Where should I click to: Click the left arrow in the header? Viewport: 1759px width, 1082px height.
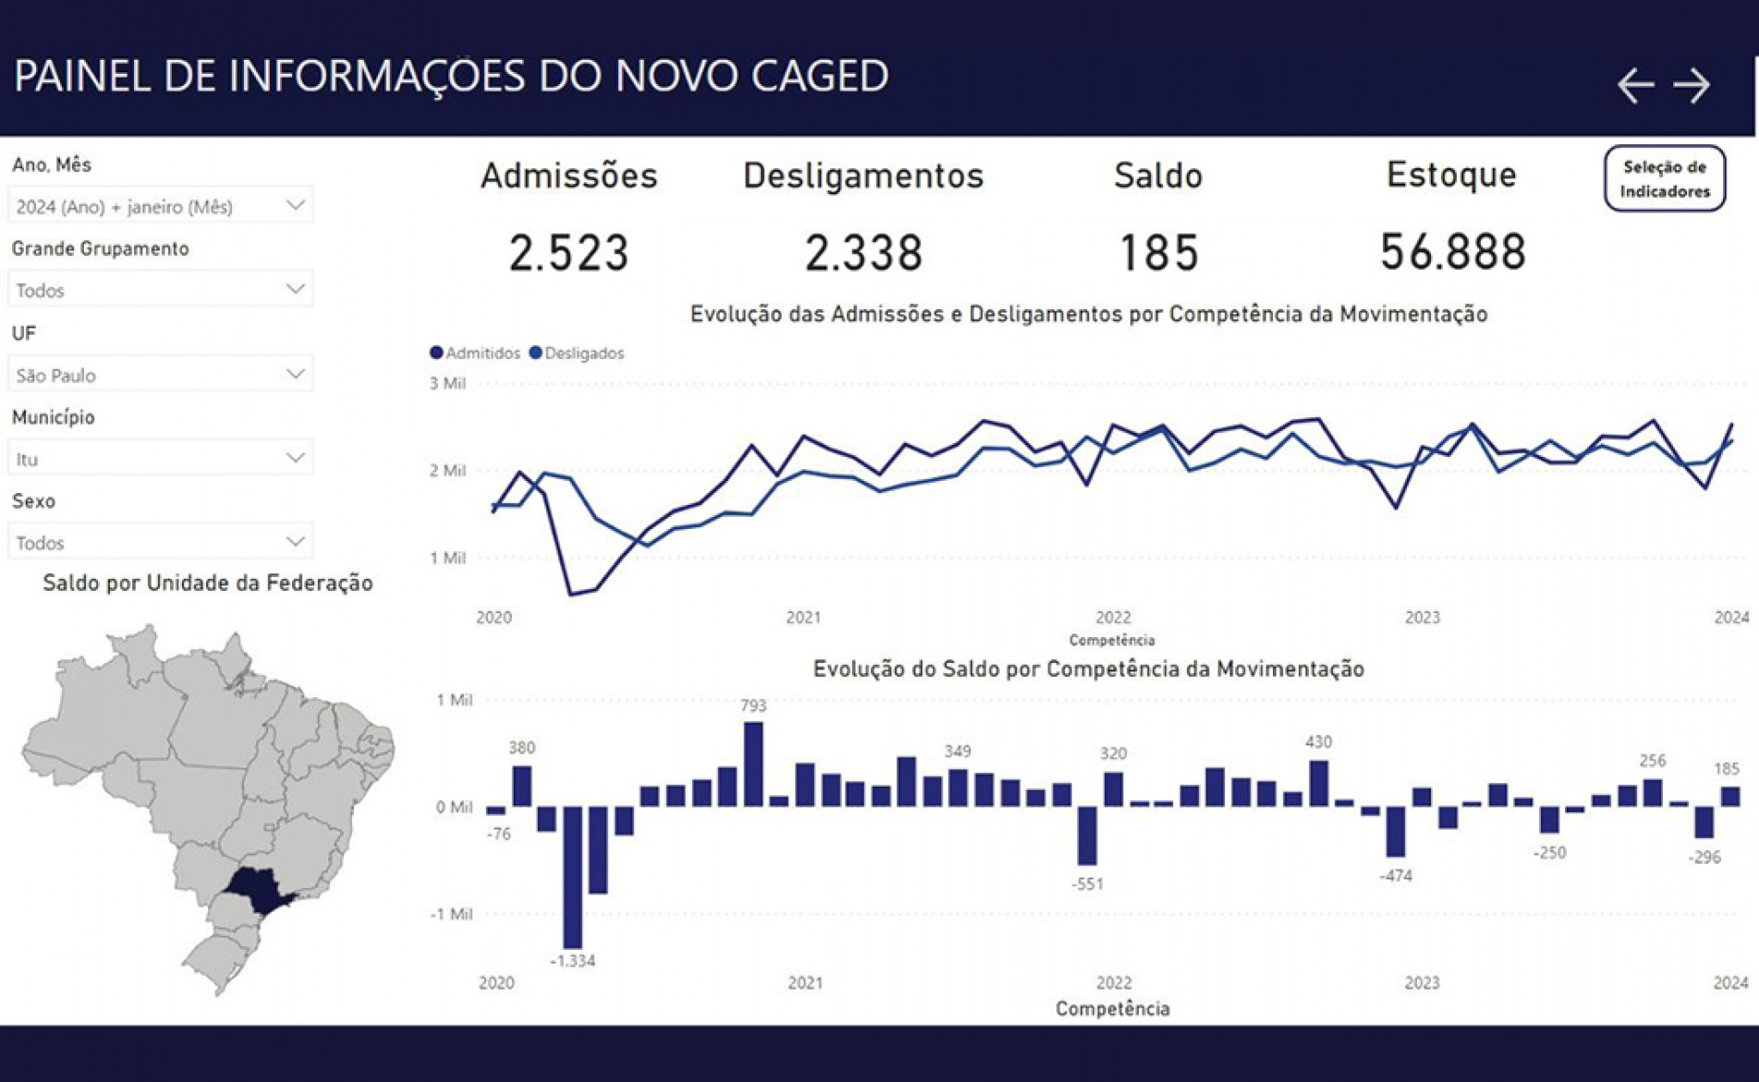tap(1635, 86)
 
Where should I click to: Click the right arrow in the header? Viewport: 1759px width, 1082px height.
tap(1692, 86)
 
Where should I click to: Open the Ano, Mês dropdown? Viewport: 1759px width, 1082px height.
tap(160, 205)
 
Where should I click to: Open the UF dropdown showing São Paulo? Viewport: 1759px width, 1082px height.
tap(160, 375)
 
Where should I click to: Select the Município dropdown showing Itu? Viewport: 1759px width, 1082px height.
tap(160, 458)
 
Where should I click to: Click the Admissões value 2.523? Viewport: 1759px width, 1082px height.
tap(568, 252)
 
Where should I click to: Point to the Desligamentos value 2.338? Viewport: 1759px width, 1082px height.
tap(863, 252)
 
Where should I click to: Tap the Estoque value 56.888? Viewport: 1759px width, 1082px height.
tap(1452, 252)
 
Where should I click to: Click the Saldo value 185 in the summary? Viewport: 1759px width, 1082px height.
tap(1159, 252)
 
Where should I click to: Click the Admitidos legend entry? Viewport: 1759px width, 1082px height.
tap(475, 353)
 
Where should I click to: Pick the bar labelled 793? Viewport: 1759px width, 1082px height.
tap(753, 764)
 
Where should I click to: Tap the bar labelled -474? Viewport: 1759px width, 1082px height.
tap(1396, 831)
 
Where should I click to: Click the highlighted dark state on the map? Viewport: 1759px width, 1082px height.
tap(259, 888)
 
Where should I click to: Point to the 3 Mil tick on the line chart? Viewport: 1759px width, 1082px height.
tap(447, 384)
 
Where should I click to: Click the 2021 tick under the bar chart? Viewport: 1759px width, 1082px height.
tap(805, 983)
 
